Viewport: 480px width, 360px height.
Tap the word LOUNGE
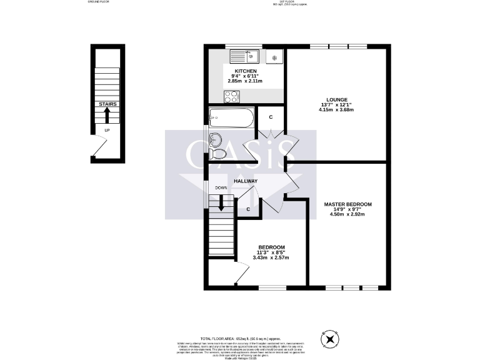tap(336, 99)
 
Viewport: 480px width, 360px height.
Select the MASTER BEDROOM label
tap(347, 204)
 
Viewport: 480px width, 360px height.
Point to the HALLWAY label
tap(246, 181)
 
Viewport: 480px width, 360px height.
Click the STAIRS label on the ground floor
tap(107, 104)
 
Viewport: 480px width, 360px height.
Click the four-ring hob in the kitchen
tap(232, 96)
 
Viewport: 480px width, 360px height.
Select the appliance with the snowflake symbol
tap(274, 57)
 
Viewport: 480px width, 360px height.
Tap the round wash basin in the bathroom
tap(216, 139)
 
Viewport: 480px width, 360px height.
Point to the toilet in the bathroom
tap(218, 154)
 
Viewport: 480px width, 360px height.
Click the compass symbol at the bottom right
tap(329, 339)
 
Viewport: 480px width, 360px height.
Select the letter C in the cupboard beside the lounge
tap(271, 117)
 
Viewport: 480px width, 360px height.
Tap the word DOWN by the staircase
tap(221, 188)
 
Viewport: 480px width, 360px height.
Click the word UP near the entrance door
tap(107, 130)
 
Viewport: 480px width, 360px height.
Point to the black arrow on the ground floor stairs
tap(107, 115)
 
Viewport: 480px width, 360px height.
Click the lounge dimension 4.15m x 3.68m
tap(336, 110)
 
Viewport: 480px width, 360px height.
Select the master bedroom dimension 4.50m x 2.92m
tap(347, 214)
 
